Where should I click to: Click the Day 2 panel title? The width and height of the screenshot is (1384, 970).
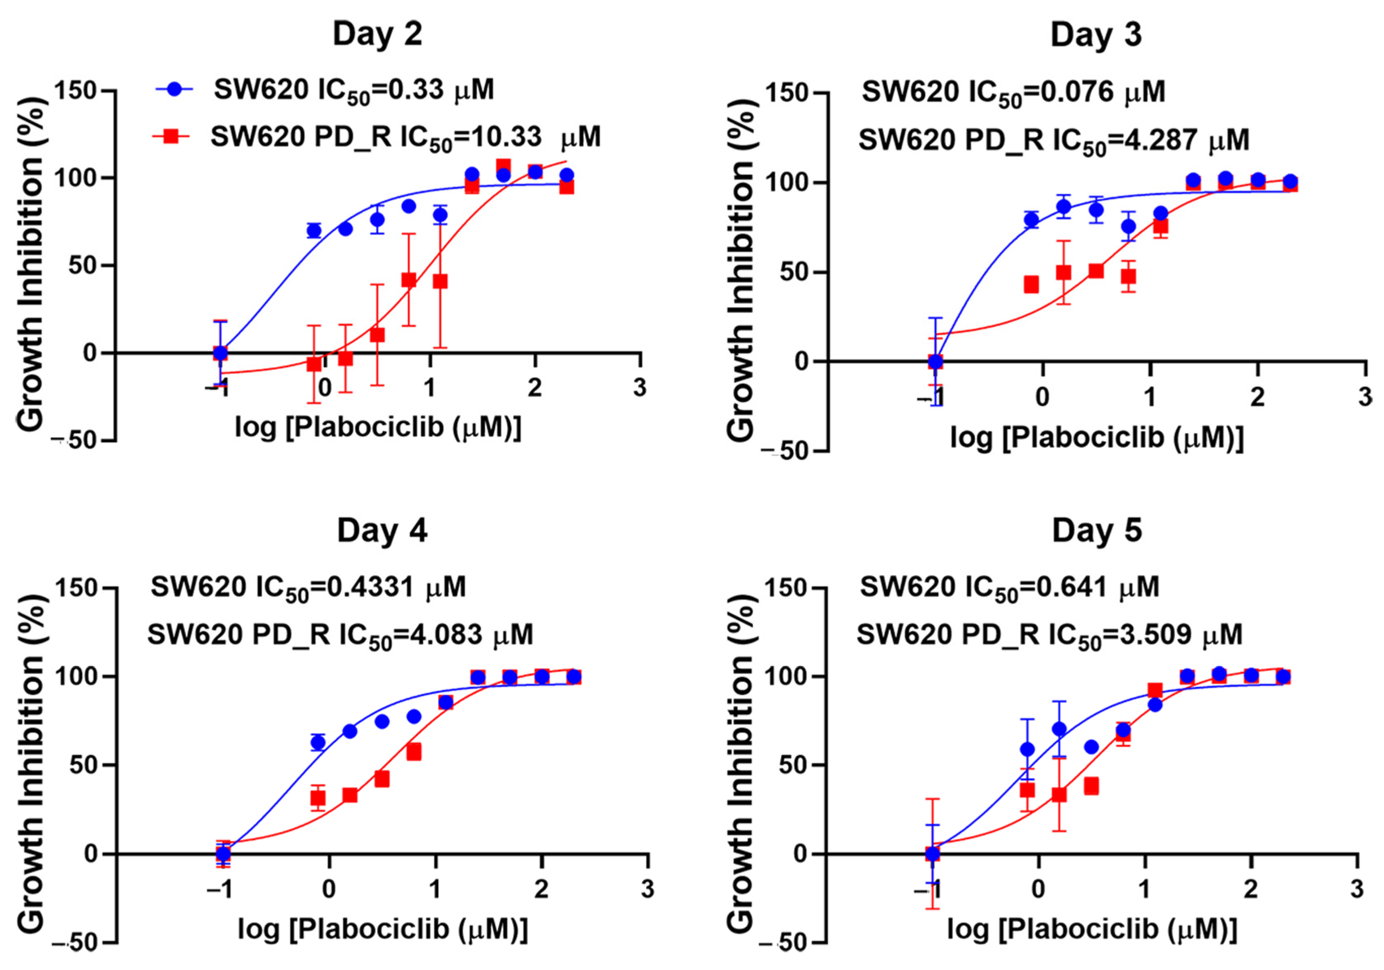click(x=377, y=35)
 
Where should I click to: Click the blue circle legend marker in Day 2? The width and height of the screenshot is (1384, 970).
click(x=175, y=89)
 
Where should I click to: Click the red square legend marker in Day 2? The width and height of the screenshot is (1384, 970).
click(x=172, y=137)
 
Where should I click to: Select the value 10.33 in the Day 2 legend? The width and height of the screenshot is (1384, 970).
click(x=506, y=137)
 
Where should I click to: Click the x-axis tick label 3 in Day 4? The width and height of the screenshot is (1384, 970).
click(x=647, y=889)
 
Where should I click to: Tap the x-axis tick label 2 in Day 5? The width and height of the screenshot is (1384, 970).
click(x=1251, y=889)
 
